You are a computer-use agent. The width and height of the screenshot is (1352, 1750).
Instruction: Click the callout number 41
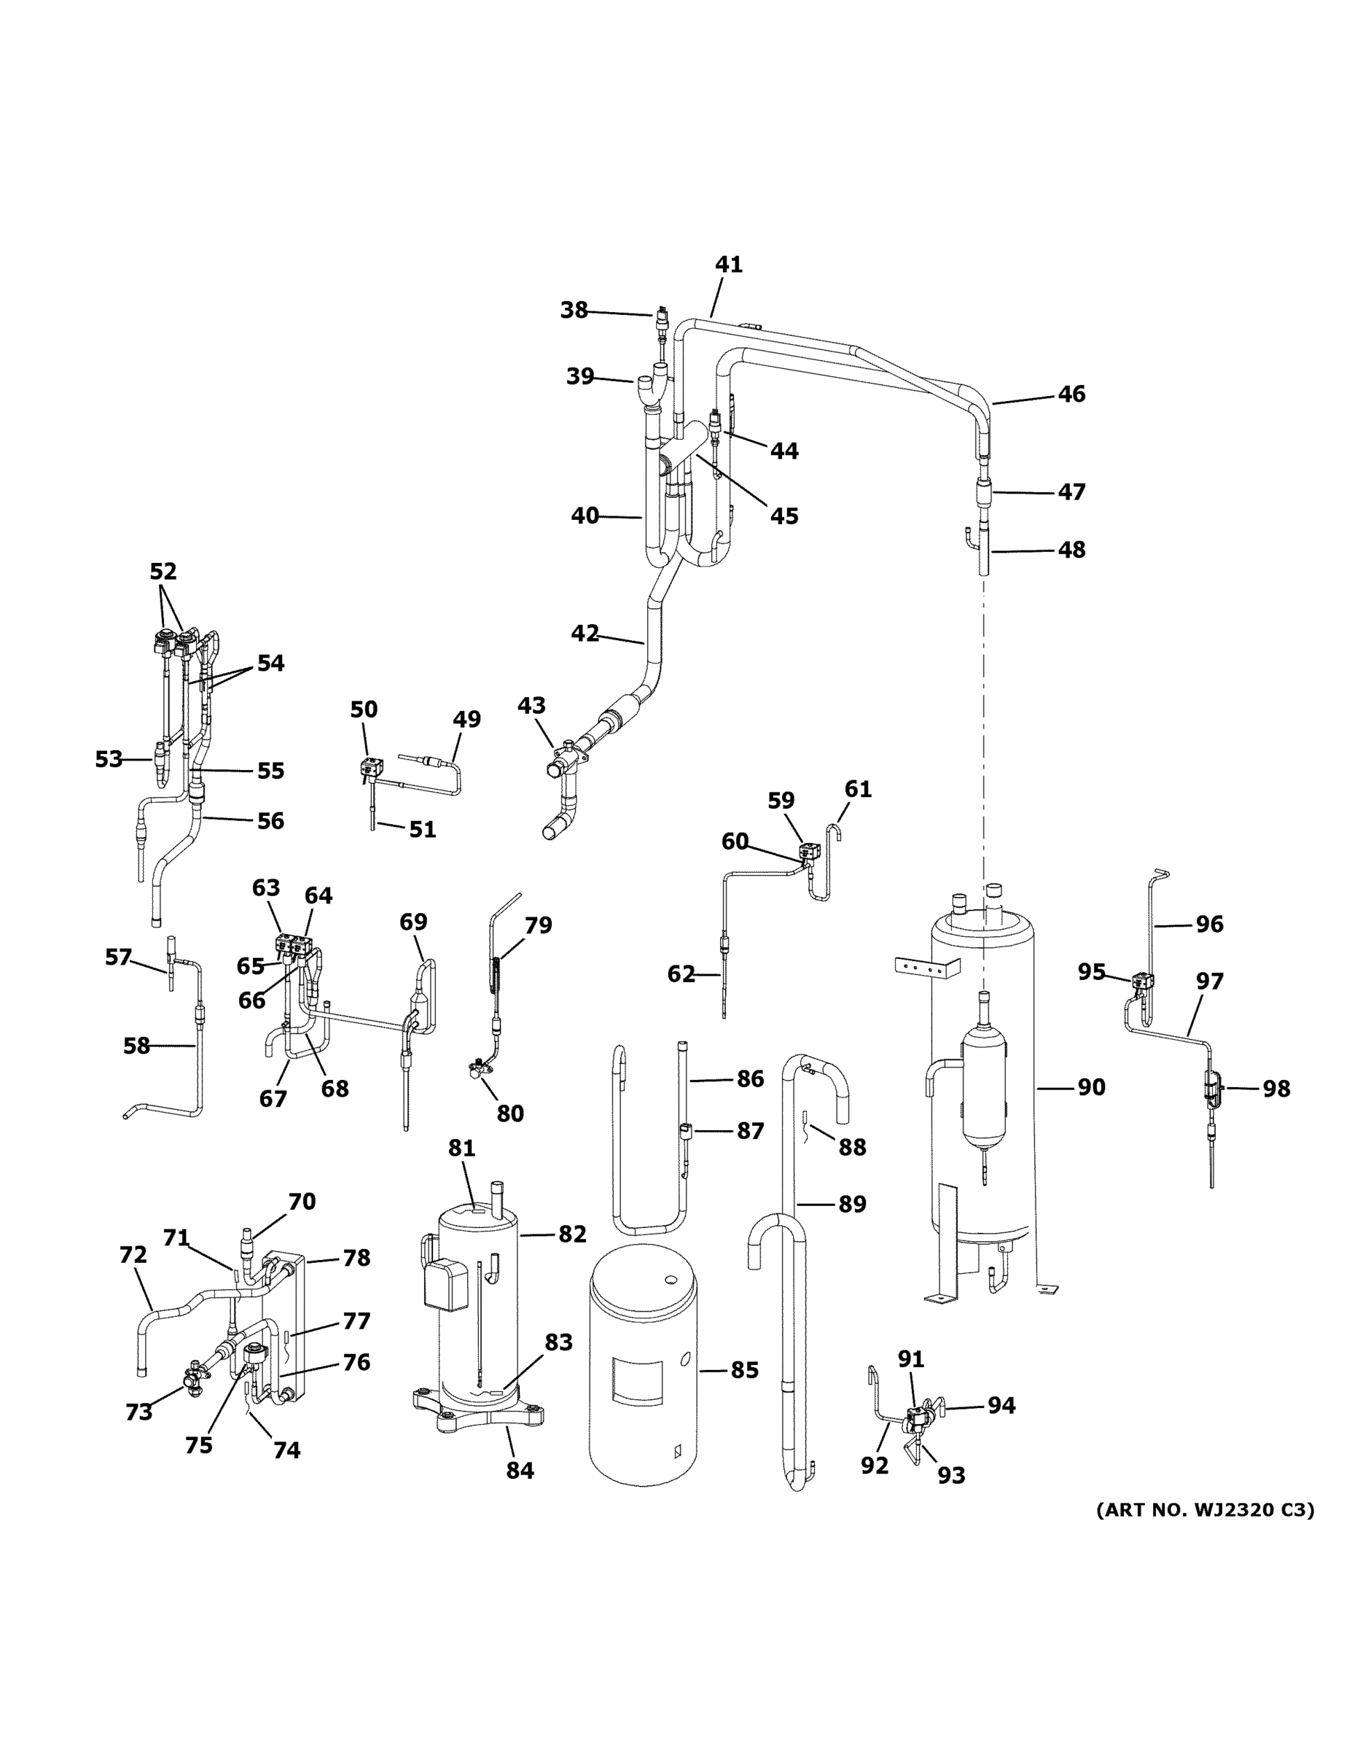click(x=728, y=265)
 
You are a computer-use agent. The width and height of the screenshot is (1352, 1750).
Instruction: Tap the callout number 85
click(x=744, y=1370)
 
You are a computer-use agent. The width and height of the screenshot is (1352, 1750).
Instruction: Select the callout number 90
click(x=1091, y=1087)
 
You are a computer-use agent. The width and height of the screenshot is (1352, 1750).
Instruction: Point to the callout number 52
click(x=163, y=572)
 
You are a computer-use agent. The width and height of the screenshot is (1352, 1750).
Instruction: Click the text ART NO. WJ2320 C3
click(x=1205, y=1510)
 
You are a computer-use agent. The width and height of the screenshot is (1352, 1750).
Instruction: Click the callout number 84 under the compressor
click(x=520, y=1470)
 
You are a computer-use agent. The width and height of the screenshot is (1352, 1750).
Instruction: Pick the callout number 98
click(x=1276, y=1089)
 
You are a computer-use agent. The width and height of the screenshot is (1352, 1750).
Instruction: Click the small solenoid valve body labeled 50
click(x=371, y=767)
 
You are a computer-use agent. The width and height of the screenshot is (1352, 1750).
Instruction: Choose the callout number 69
click(x=413, y=922)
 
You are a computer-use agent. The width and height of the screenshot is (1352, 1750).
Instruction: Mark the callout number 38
click(x=574, y=310)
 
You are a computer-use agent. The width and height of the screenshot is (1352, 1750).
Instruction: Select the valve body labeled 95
click(x=1142, y=981)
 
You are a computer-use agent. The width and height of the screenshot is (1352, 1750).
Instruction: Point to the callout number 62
click(x=681, y=974)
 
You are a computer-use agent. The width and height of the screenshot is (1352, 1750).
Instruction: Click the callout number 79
click(x=538, y=925)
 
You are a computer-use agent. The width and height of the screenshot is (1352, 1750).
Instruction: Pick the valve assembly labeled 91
click(x=916, y=1420)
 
